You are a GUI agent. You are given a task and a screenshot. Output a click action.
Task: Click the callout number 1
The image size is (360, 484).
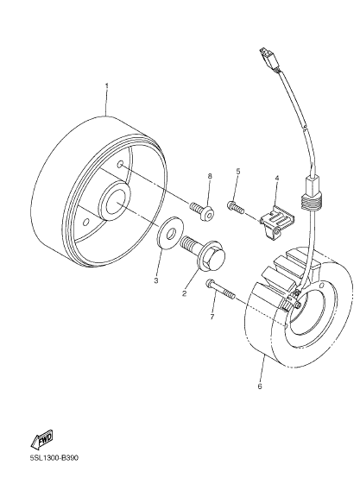click(x=107, y=85)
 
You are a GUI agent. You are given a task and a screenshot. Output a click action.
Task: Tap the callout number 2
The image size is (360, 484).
click(x=185, y=293)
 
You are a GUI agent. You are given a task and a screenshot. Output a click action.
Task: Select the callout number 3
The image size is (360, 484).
click(x=156, y=280)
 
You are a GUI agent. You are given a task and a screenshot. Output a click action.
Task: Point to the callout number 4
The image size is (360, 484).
click(x=277, y=178)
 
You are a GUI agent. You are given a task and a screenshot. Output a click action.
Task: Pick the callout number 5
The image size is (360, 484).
click(x=238, y=172)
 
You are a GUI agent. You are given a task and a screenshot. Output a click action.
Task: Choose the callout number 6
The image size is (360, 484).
click(x=259, y=387)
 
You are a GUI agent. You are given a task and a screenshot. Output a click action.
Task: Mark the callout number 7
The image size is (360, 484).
click(x=212, y=317)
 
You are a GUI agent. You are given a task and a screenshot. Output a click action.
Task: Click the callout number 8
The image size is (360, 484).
click(x=210, y=176)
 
